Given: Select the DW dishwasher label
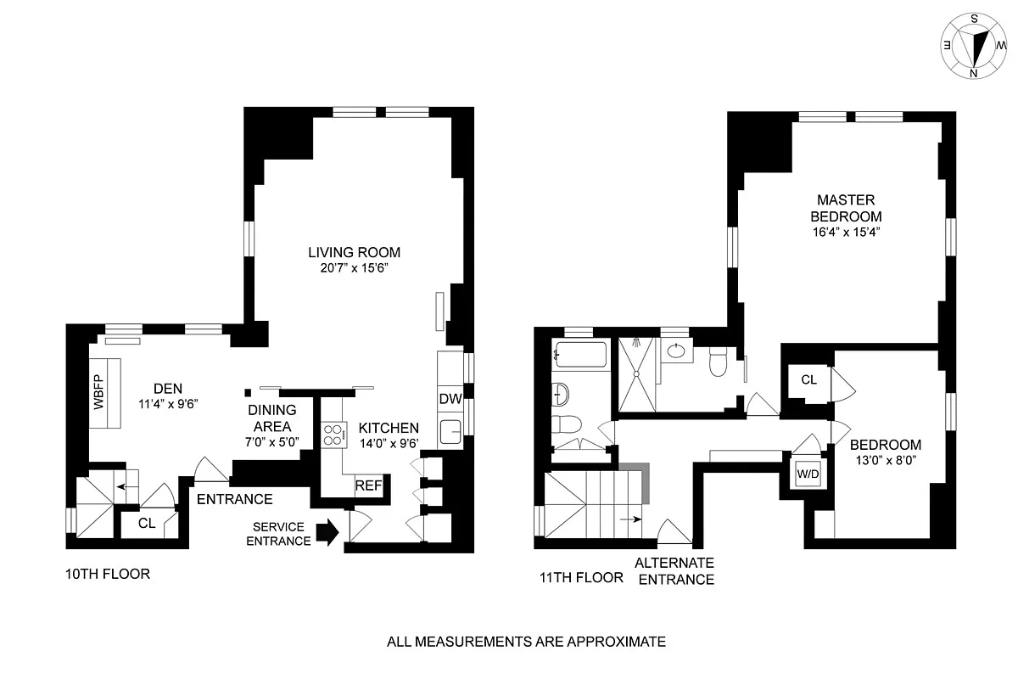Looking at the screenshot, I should click(449, 399).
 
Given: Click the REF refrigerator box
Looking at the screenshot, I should click(369, 485).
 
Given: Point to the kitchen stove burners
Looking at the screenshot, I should click(333, 435).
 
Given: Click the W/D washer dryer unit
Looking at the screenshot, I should click(808, 474).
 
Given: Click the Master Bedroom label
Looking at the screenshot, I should click(845, 207).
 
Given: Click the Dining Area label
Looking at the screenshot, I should click(271, 418).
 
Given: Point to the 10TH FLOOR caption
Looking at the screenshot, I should click(108, 574).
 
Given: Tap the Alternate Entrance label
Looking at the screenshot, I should click(674, 571).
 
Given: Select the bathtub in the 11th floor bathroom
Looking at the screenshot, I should click(579, 355).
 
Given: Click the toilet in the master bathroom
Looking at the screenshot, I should click(718, 363).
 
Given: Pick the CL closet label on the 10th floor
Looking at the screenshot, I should click(147, 523).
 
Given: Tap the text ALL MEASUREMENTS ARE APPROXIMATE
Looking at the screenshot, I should click(526, 642).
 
